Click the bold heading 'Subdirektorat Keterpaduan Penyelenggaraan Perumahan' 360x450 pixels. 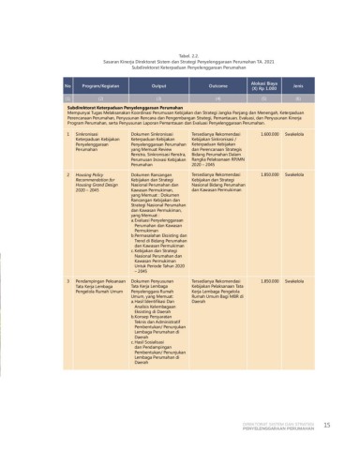131,109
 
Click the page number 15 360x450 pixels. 327,425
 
